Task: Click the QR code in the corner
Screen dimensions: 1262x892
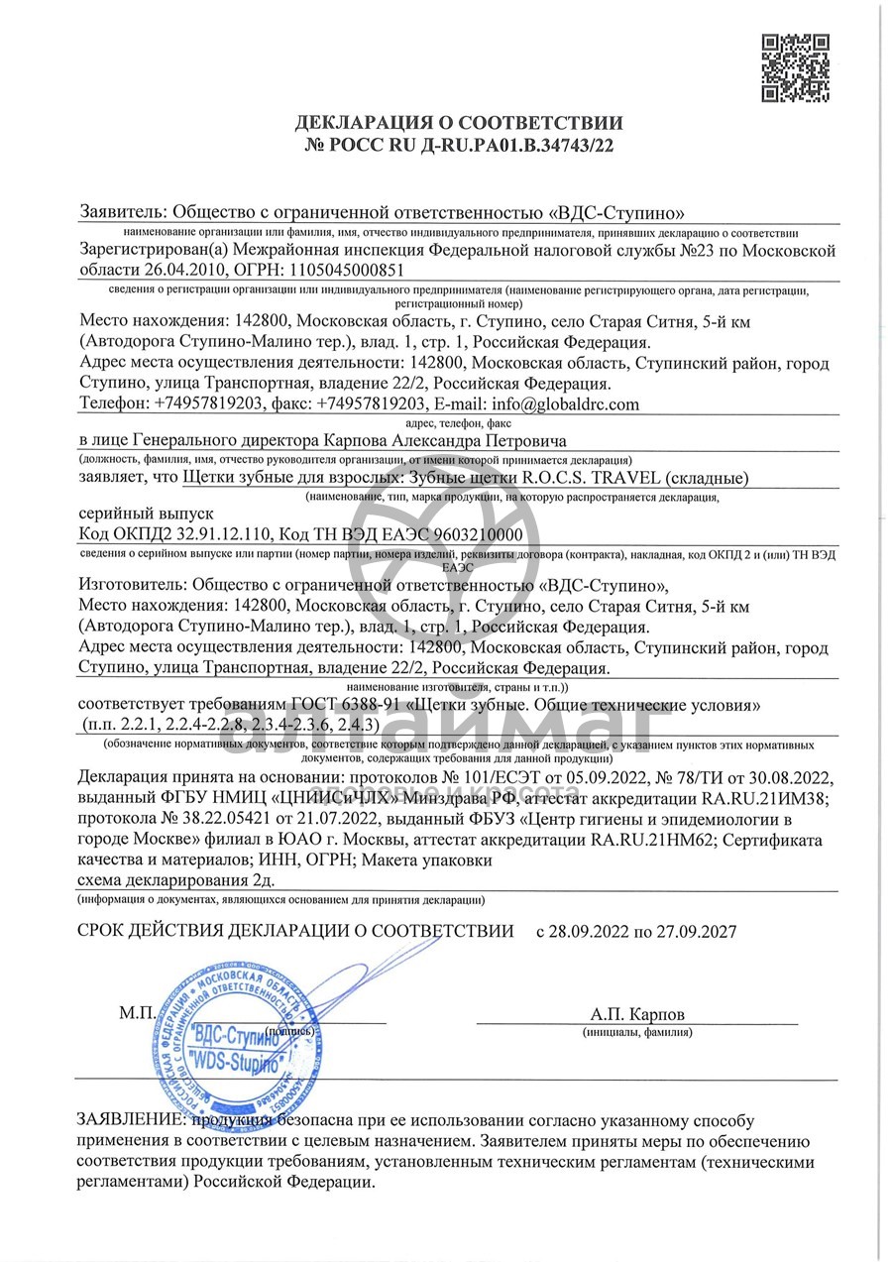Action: tap(795, 67)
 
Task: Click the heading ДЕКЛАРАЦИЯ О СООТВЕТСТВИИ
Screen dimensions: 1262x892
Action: tap(459, 124)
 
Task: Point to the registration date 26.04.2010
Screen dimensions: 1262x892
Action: tap(183, 270)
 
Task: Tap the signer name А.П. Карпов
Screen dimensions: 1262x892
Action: tap(636, 1015)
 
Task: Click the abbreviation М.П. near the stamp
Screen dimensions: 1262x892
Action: tap(138, 1014)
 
